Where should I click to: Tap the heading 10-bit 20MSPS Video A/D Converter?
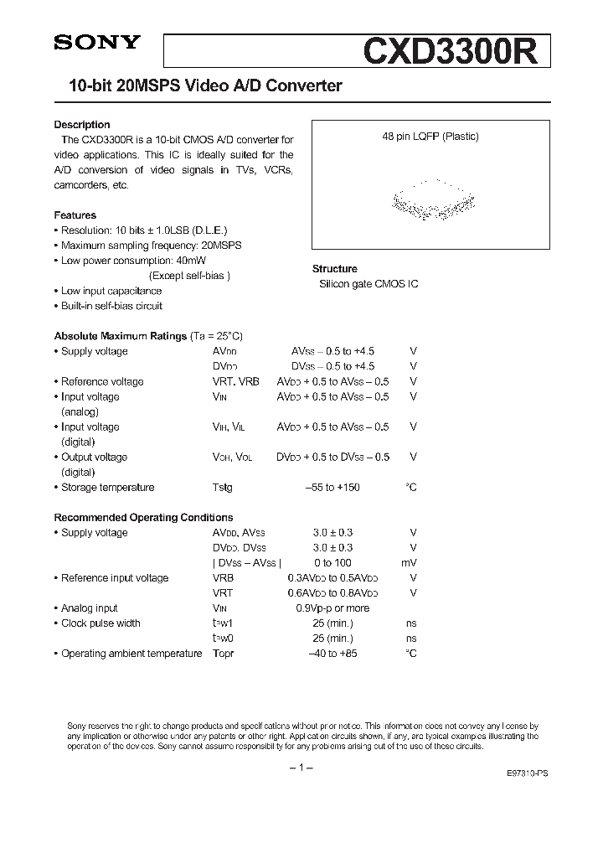[x=198, y=85]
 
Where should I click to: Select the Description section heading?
[x=82, y=125]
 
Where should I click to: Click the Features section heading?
[x=75, y=215]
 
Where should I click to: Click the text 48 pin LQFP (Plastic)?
[x=430, y=137]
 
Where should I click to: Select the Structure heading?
[x=335, y=269]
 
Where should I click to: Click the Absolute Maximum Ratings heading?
[x=121, y=336]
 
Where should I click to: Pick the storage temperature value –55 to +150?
[x=332, y=487]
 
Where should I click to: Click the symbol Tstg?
[x=223, y=487]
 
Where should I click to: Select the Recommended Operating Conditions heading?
[x=143, y=517]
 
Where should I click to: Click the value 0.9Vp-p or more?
[x=332, y=608]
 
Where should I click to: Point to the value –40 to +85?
[x=332, y=653]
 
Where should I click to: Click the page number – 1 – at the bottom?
[x=301, y=768]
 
